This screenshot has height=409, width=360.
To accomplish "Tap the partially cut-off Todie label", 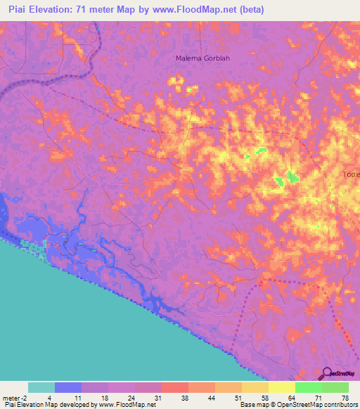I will click(x=351, y=174).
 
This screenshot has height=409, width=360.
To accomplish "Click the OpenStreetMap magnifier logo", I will click(x=328, y=374).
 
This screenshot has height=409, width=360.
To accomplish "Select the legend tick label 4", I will click(x=49, y=398).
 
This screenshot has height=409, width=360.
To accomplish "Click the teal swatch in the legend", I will click(x=41, y=387).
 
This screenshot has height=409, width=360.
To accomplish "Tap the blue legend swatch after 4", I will click(x=68, y=387).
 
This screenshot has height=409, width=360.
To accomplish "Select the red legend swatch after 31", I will click(x=175, y=387).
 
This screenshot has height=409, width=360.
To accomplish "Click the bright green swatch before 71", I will click(x=309, y=387).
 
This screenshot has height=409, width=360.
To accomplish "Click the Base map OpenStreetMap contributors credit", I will click(x=299, y=405).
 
